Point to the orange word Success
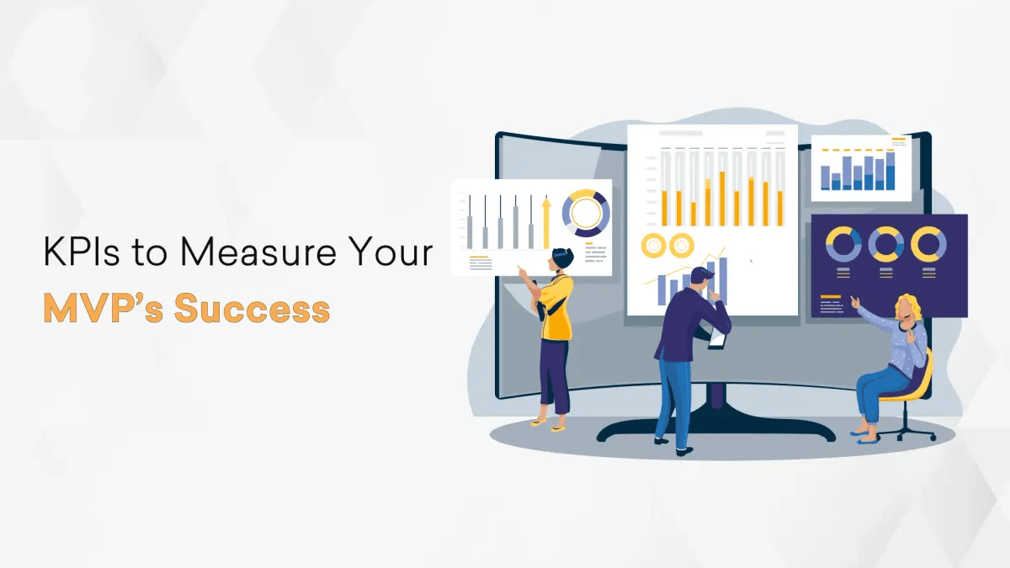pos(252,309)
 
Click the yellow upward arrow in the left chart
pos(546,222)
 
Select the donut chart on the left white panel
pos(586,212)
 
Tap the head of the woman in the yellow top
pos(560,260)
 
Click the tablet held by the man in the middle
pos(716,337)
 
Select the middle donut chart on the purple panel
pos(885,244)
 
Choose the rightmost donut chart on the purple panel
pos(928,244)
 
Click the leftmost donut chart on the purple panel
pos(843,244)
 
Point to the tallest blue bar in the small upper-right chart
pos(890,171)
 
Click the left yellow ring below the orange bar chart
pos(653,246)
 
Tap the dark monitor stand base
pos(715,433)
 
